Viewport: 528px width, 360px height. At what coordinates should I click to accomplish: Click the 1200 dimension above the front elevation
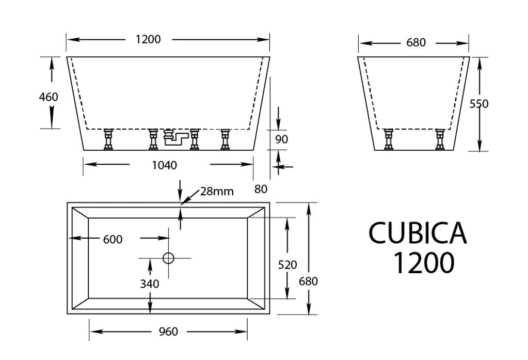[148, 39]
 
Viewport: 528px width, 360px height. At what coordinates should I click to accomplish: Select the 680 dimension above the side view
[416, 42]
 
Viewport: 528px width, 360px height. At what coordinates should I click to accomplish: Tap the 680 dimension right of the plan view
[308, 281]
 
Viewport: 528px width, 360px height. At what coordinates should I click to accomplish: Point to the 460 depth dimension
[49, 97]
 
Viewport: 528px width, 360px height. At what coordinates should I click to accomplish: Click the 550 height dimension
[479, 104]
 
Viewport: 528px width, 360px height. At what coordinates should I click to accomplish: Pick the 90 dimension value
[281, 139]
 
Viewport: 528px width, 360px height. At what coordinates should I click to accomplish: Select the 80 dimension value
[261, 189]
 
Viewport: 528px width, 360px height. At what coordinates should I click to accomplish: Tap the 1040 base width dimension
[165, 165]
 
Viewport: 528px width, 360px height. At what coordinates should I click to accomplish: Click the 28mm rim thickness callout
[217, 192]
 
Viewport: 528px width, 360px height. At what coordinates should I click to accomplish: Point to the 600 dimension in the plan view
[113, 239]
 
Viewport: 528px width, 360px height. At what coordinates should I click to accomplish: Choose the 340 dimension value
[149, 283]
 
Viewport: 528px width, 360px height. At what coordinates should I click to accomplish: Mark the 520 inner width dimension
[287, 265]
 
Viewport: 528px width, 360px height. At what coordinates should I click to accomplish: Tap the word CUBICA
[418, 233]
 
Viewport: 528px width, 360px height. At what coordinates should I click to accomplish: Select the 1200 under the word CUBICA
[424, 262]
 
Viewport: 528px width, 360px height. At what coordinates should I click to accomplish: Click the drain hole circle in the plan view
[168, 258]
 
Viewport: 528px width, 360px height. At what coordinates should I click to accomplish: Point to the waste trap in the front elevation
[175, 137]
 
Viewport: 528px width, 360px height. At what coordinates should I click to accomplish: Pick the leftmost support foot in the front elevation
[109, 139]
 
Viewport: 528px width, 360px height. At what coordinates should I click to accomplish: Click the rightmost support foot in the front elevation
[225, 139]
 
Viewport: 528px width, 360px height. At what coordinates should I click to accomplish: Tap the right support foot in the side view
[440, 139]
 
